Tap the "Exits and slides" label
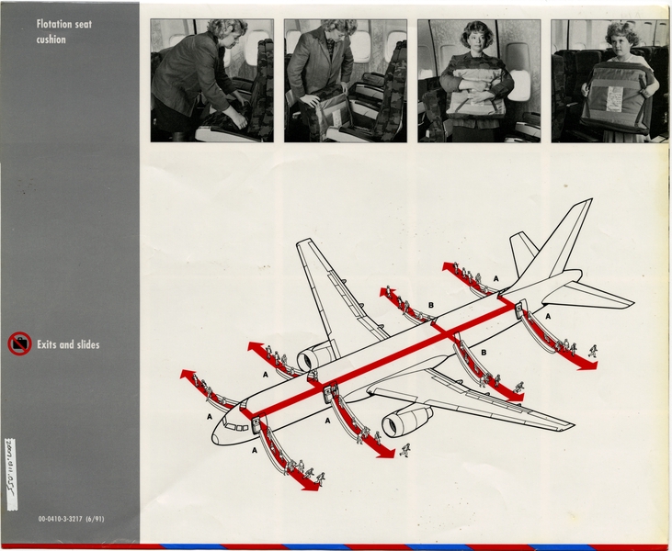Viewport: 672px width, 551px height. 69,345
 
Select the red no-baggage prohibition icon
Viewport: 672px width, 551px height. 19,344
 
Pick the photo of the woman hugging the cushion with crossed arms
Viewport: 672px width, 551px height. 477,81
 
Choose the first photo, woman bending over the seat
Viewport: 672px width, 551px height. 211,81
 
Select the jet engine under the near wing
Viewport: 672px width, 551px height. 407,421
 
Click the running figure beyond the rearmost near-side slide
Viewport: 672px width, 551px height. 593,351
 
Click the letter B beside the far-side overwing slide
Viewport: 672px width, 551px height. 430,304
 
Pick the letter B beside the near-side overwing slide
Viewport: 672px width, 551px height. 484,352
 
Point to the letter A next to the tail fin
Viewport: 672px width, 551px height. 496,277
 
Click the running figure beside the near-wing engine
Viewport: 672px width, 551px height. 404,450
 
